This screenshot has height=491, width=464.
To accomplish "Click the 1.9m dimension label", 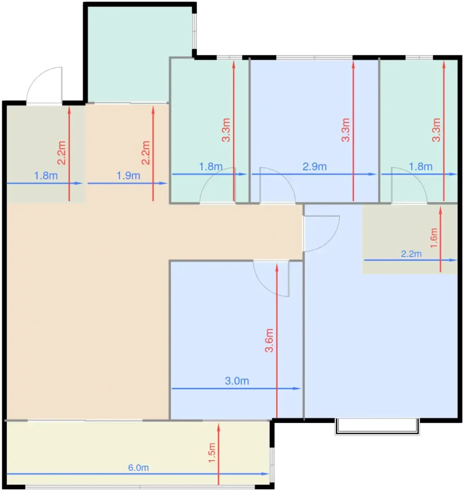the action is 128,176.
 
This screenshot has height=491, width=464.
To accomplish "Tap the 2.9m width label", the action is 315,167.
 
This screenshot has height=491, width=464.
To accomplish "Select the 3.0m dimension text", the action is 237,381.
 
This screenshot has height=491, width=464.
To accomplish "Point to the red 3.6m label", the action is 269,341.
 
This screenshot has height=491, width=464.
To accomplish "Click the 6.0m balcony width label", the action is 138,468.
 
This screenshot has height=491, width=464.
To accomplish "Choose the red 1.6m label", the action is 434,238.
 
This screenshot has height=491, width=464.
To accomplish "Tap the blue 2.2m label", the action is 411,254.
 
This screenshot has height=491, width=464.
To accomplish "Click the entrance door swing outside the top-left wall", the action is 45,85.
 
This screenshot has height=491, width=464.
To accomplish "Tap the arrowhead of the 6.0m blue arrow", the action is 266,474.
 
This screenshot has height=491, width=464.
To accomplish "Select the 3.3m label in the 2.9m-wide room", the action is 346,130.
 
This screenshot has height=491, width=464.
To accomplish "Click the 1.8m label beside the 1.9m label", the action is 46,176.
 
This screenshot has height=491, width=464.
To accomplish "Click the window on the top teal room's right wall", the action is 195,31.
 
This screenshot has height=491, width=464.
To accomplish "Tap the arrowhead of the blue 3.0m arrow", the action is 297,388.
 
